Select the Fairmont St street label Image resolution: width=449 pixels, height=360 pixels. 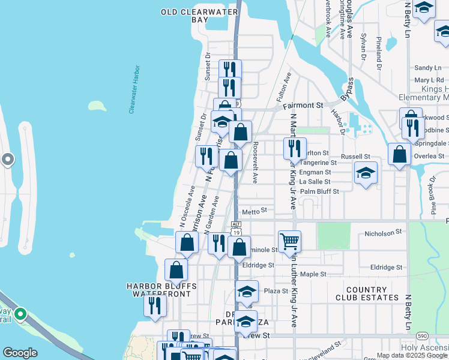pyautogui.click(x=303, y=105)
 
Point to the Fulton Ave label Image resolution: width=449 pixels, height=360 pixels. pyautogui.click(x=283, y=86)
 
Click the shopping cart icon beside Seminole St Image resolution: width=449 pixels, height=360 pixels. pyautogui.click(x=289, y=241)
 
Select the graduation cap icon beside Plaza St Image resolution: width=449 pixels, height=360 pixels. pyautogui.click(x=247, y=291)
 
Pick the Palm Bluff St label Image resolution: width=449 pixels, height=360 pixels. pyautogui.click(x=319, y=191)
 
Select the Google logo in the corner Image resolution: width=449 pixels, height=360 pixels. pyautogui.click(x=20, y=353)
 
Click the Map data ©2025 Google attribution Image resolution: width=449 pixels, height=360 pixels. pyautogui.click(x=412, y=355)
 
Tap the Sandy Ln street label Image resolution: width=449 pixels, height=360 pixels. pyautogui.click(x=428, y=68)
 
